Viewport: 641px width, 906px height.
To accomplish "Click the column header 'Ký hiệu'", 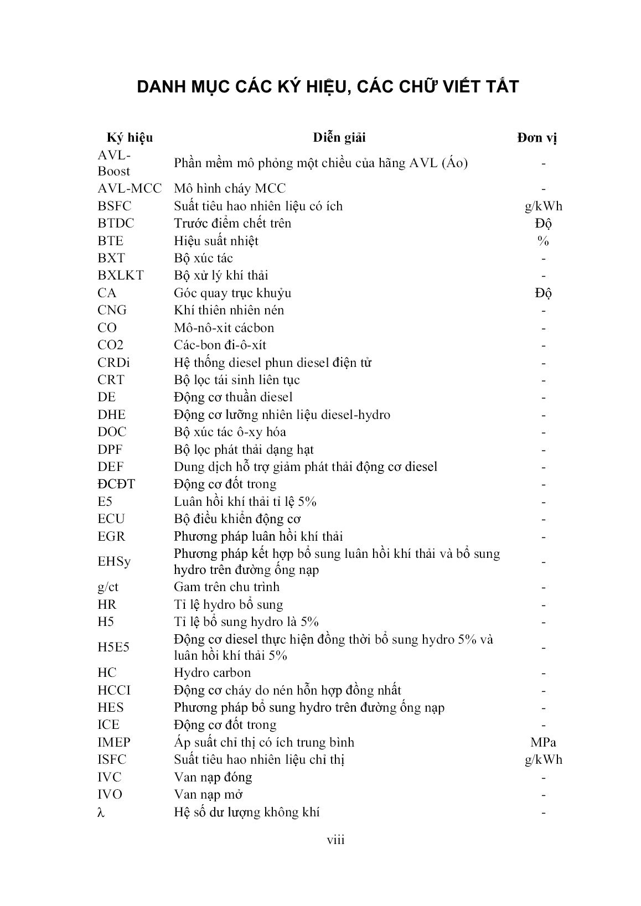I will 130,137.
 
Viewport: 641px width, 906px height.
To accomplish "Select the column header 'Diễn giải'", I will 339,137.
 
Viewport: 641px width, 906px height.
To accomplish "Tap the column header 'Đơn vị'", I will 537,138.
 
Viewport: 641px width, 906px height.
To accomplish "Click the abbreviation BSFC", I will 115,206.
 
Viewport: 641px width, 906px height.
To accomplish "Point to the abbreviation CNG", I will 112,310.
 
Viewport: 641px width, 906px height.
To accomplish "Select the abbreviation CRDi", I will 113,363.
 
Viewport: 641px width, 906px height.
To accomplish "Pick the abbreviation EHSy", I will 114,562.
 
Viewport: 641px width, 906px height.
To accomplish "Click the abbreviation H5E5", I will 113,648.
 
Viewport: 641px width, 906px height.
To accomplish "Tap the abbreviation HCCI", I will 114,690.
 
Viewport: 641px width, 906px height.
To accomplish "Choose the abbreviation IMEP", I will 115,742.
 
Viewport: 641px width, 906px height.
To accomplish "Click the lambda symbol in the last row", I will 101,812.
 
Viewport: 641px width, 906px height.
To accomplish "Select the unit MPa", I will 543,742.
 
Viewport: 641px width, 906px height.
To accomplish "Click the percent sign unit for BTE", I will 543,241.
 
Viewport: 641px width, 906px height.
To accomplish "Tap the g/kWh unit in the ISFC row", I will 543,760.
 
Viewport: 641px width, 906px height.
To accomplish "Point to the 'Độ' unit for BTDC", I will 543,224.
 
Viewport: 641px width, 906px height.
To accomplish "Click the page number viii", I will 335,840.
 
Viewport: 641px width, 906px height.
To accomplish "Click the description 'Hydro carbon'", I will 212,673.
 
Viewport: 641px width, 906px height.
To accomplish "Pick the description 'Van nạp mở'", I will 208,795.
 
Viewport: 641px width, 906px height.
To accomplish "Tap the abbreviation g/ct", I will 108,587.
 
